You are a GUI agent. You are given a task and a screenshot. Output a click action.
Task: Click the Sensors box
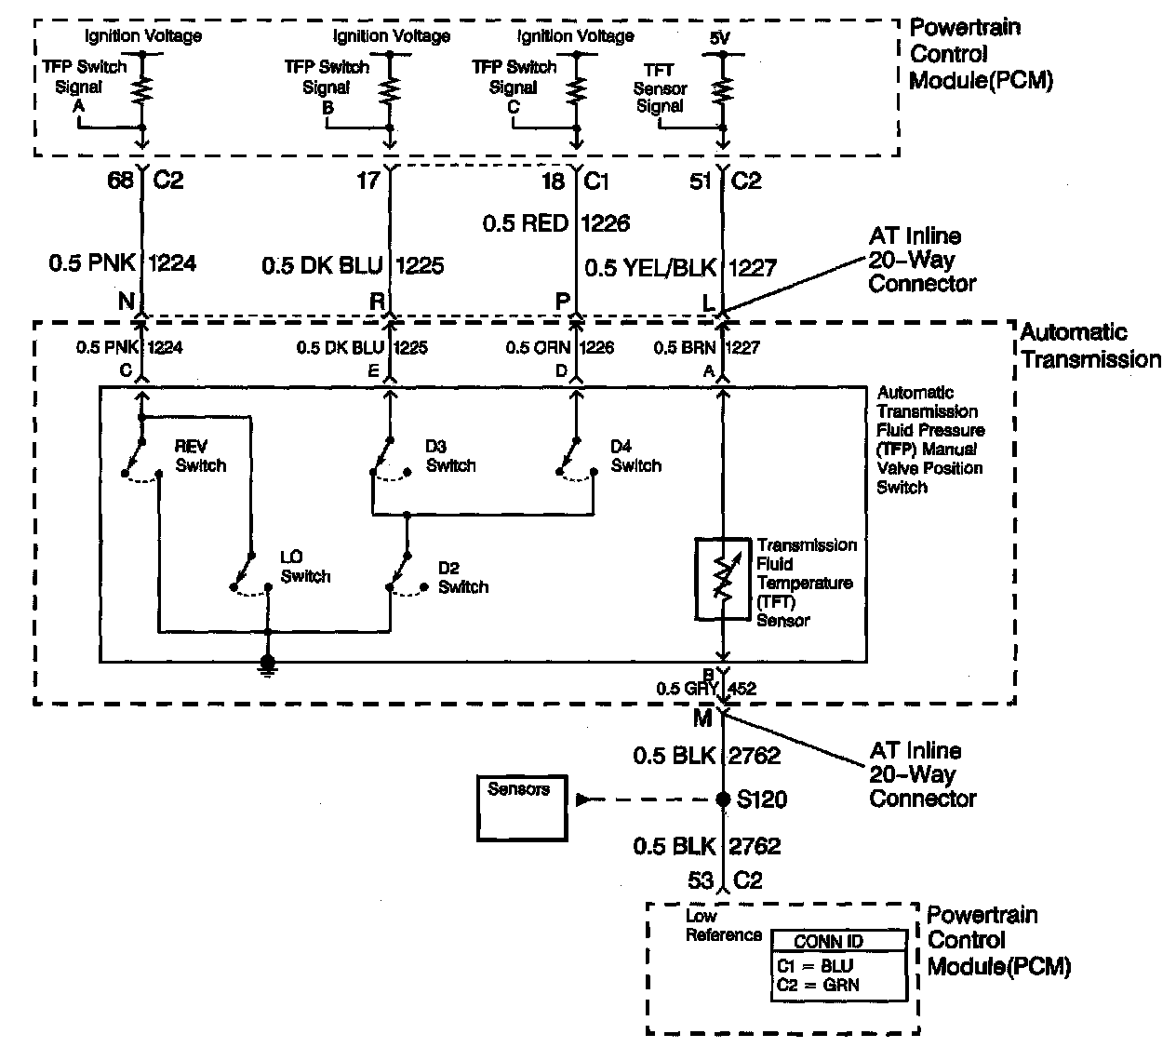point(522,807)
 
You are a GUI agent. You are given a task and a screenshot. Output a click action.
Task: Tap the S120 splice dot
point(723,799)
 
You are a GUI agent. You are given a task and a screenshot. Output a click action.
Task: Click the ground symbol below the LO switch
point(268,664)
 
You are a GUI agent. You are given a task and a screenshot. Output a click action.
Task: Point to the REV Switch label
point(200,456)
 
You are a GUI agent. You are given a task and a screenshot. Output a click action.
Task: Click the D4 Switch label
point(635,456)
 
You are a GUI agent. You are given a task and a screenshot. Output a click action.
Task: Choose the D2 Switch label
point(462,577)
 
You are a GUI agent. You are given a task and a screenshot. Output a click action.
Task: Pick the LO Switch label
point(305,567)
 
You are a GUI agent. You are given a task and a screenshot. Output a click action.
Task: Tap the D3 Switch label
point(450,456)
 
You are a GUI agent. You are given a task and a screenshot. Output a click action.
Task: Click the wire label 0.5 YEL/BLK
point(650,269)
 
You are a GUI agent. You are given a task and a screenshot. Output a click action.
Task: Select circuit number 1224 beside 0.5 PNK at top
point(172,264)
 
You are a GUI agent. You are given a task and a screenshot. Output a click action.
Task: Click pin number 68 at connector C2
point(121,180)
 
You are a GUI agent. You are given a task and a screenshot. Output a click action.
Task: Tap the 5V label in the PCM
point(720,38)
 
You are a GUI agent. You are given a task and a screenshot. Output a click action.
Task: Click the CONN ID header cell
point(828,941)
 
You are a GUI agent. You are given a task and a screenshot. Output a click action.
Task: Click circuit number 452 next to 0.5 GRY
point(742,690)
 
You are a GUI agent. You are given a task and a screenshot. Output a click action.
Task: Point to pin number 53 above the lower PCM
point(701,880)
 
